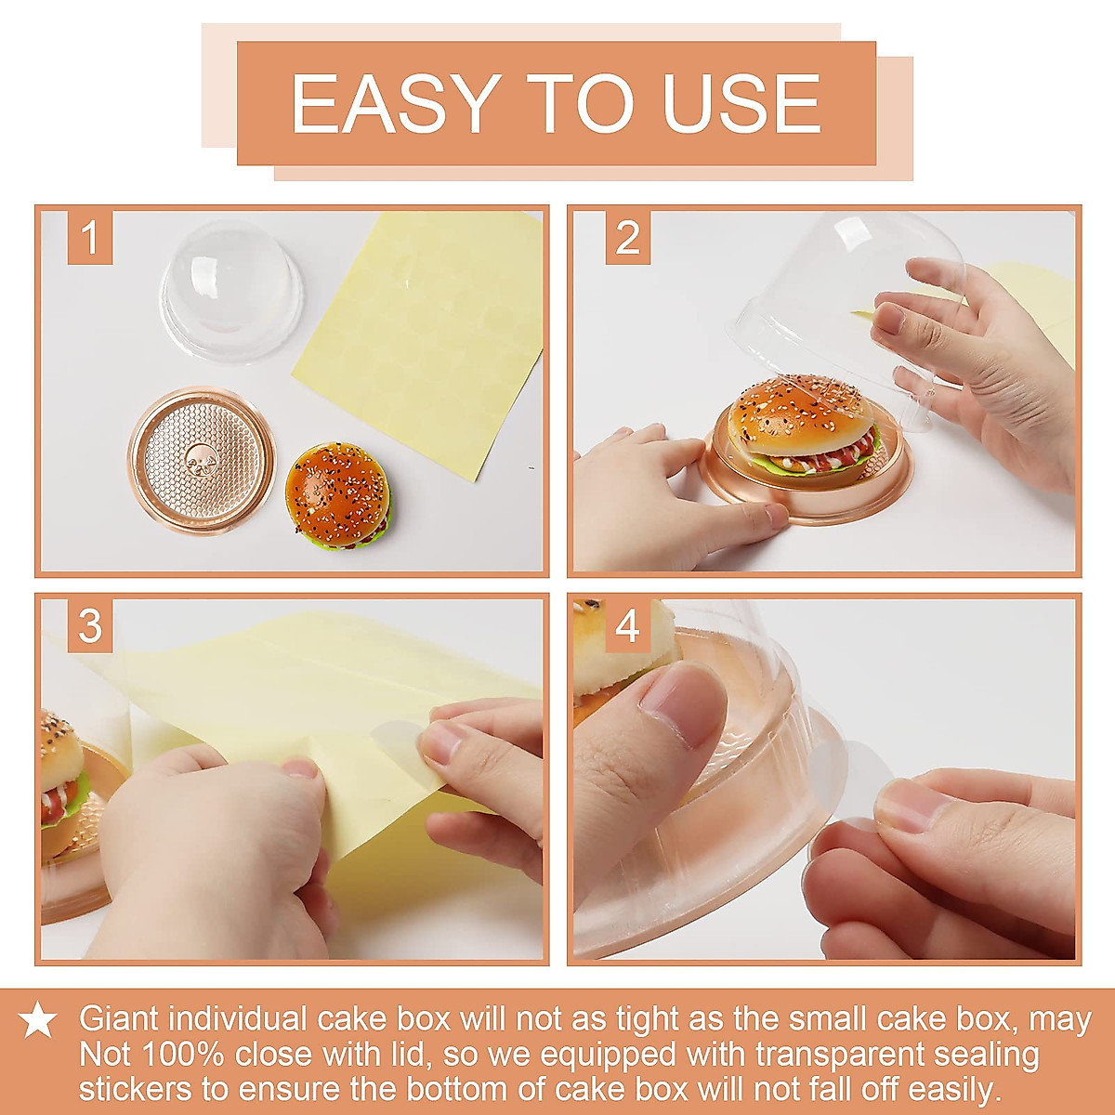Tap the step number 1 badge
point(90,238)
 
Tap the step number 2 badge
point(627,238)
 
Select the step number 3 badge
point(90,626)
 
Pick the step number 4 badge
point(627,626)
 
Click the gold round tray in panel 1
point(202,461)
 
